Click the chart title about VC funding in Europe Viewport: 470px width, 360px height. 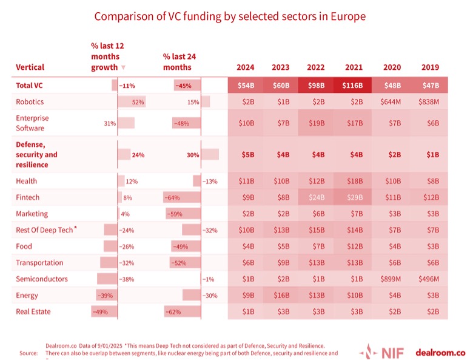[230, 16]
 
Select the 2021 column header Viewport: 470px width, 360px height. [354, 67]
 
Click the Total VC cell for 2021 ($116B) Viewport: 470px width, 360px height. [354, 86]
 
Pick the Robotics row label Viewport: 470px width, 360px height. [30, 102]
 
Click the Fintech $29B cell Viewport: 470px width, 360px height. [354, 197]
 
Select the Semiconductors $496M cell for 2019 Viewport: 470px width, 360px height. [429, 279]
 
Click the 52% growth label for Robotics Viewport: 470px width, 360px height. [138, 102]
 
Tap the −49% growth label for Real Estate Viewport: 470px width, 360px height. [99, 312]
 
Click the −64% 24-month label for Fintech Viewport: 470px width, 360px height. [172, 197]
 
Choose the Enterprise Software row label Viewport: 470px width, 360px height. [32, 123]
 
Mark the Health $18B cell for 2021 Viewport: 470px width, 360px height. [354, 181]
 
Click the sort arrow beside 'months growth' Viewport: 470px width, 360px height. [124, 67]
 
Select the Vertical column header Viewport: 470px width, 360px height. [30, 67]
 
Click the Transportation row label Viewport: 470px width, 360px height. [39, 263]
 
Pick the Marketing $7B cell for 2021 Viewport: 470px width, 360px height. [354, 214]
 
